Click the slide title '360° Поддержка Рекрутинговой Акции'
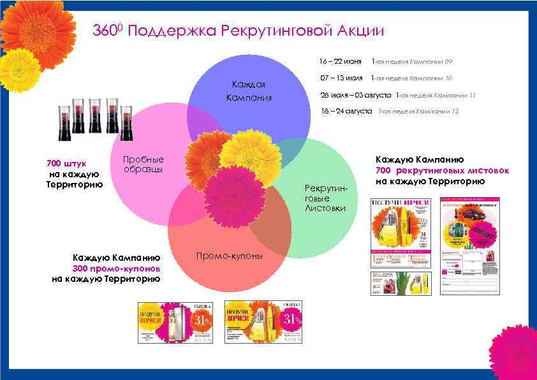point(239,31)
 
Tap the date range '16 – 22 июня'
point(340,62)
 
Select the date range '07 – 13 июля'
point(341,78)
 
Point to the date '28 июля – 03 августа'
point(356,95)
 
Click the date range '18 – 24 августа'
point(346,111)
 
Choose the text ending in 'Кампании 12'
point(418,112)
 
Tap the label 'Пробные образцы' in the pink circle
point(143,164)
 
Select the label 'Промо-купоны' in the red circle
point(229,256)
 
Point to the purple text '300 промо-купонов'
point(107,268)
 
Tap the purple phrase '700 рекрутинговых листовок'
point(442,170)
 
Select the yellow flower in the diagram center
point(251,152)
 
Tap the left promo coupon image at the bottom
point(175,323)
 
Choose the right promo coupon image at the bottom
point(262,323)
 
